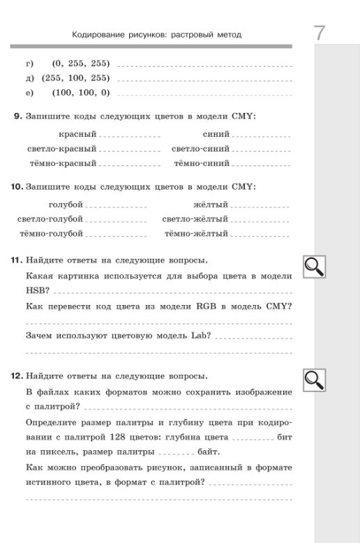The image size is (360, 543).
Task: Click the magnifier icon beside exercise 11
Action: click(314, 266)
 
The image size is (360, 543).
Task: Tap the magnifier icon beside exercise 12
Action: click(314, 379)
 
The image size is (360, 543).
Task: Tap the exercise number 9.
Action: click(18, 117)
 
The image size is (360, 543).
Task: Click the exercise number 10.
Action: click(18, 187)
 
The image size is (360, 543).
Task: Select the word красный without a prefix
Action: click(77, 134)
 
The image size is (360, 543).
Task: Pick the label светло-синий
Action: click(200, 149)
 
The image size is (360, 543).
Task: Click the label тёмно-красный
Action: click(63, 163)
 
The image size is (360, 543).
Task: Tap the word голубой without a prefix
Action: click(66, 204)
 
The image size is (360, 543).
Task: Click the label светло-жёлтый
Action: click(195, 219)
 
